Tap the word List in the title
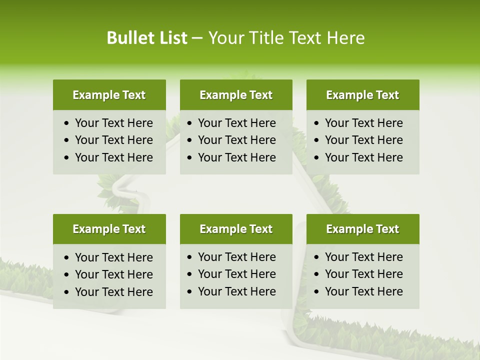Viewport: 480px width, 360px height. pos(171,38)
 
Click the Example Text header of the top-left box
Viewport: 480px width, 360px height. pos(109,95)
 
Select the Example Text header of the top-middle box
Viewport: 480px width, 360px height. pos(236,95)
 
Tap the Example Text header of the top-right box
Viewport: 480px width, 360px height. pos(362,95)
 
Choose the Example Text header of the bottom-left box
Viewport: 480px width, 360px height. pos(109,229)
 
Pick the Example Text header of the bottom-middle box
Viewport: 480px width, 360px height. pos(236,229)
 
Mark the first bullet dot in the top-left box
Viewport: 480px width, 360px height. pos(67,123)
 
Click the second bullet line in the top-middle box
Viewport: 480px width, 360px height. pos(236,140)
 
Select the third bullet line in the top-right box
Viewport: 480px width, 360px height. pos(363,157)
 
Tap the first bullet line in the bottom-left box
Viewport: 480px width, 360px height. pos(113,257)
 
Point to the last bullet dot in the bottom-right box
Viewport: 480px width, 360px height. pos(316,292)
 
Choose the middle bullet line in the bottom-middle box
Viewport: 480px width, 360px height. pos(236,274)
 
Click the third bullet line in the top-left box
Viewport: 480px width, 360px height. pos(113,157)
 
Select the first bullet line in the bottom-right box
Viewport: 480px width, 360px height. pos(363,257)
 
